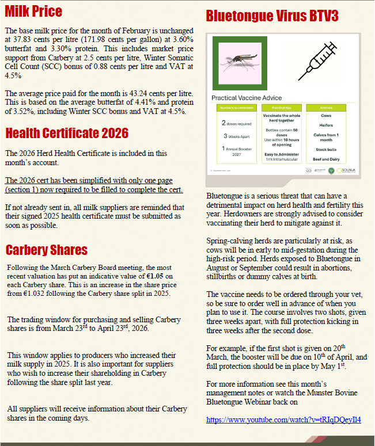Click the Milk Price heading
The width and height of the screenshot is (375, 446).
click(x=33, y=11)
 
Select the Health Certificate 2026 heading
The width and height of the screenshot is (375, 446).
click(x=67, y=134)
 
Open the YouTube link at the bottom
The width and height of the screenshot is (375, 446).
click(x=283, y=420)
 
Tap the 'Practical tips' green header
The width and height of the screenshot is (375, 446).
click(x=281, y=108)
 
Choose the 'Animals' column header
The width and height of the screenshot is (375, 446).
click(x=326, y=108)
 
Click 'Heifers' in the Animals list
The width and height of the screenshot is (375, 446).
click(x=326, y=125)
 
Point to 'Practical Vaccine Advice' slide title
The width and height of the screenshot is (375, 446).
click(x=247, y=98)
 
